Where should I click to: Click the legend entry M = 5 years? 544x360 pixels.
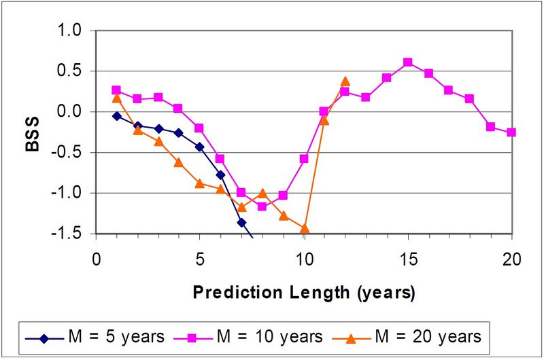(95, 336)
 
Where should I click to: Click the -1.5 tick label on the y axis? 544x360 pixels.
(69, 234)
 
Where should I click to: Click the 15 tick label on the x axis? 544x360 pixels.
(407, 259)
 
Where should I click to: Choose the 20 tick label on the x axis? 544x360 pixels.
(511, 259)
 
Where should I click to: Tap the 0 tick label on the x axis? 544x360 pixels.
(96, 259)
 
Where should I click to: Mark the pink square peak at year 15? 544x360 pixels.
(407, 62)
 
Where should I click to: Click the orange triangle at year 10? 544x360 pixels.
(304, 229)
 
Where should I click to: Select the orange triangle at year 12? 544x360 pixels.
(345, 82)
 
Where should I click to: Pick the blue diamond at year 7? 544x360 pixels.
(241, 222)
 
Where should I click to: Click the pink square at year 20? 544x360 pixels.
(511, 132)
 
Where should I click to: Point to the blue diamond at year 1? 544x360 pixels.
(117, 116)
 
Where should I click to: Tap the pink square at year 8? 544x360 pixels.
(262, 206)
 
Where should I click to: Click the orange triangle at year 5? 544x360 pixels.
(200, 183)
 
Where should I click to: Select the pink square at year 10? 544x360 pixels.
(304, 159)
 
